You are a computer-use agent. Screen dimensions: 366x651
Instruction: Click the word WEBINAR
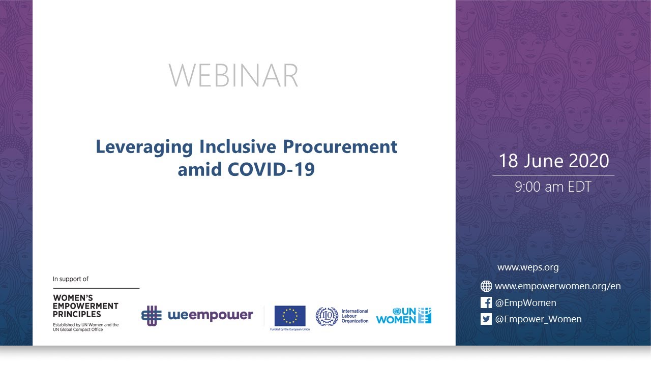(x=233, y=75)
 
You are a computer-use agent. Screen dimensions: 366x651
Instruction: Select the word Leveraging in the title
(x=144, y=147)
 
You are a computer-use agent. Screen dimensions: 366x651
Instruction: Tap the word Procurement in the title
(x=340, y=147)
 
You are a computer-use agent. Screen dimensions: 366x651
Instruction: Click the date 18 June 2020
(x=553, y=161)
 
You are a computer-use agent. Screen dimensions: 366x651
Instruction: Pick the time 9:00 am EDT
(x=553, y=187)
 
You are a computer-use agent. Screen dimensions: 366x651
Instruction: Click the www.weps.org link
(x=528, y=267)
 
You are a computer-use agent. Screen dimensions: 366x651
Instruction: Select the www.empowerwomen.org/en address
(x=557, y=286)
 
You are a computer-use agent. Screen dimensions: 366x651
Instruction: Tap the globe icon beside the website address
(x=486, y=286)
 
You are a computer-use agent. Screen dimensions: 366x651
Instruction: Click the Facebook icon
(x=486, y=303)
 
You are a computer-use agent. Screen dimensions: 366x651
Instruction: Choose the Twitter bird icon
(x=486, y=319)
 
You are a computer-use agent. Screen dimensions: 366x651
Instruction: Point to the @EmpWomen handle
(x=525, y=303)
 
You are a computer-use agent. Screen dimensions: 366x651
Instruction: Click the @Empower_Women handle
(x=538, y=319)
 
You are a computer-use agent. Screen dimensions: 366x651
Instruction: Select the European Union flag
(x=290, y=316)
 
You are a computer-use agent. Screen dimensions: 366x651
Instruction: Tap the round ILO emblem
(x=327, y=316)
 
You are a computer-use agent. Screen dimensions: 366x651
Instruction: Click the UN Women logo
(x=404, y=316)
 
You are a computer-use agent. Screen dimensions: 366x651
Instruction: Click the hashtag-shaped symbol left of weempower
(x=151, y=315)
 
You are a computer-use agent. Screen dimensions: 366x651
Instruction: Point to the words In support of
(x=71, y=279)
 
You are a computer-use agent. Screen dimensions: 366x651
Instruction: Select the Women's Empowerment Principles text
(x=85, y=306)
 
